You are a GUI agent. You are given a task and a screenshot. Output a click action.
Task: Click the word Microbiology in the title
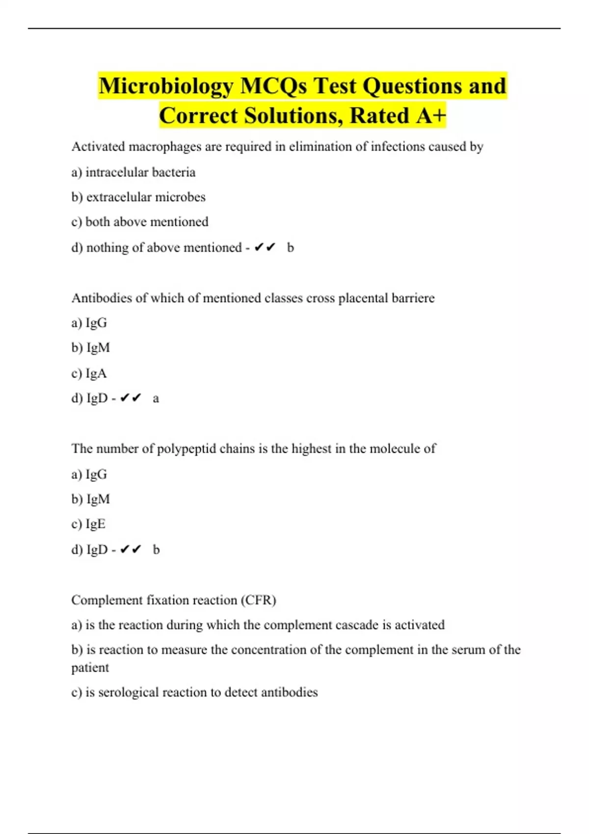tap(166, 86)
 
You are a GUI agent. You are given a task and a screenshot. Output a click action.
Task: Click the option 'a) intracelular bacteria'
tap(134, 172)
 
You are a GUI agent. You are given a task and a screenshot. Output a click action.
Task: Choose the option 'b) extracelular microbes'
tap(138, 197)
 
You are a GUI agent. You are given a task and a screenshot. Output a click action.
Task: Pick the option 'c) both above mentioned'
tap(140, 222)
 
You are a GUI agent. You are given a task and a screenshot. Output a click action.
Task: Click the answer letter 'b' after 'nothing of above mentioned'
tap(291, 248)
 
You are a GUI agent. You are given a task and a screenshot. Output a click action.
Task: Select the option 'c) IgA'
tap(89, 373)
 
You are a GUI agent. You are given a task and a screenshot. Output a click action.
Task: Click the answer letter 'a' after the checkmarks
tap(156, 398)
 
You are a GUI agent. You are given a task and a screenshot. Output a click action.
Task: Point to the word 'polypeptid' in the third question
tap(187, 449)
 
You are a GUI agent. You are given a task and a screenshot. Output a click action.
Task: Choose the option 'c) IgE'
tap(88, 524)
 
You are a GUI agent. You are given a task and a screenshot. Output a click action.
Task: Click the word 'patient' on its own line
tap(90, 668)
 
